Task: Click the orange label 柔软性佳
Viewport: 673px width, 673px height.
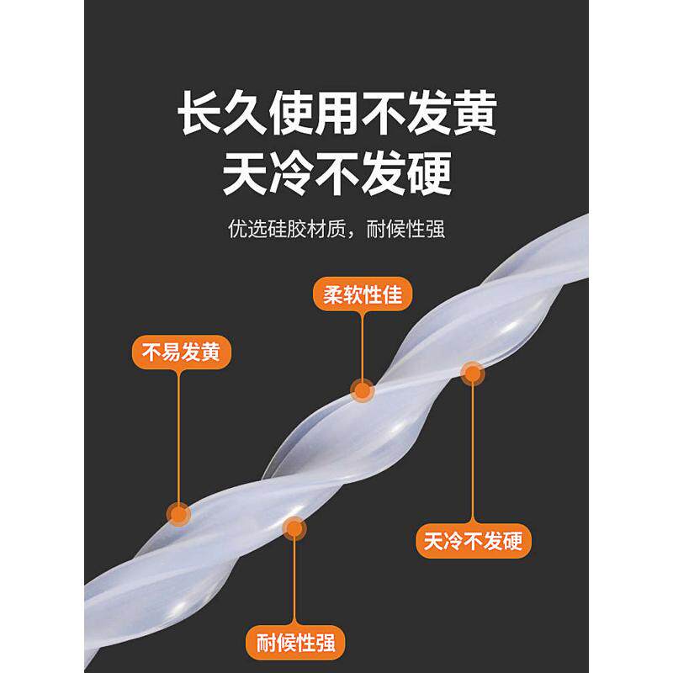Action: point(363,295)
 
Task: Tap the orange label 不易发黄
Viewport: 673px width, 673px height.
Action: point(182,352)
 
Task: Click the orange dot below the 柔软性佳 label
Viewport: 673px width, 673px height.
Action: point(363,389)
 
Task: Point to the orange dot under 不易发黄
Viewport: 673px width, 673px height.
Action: point(179,513)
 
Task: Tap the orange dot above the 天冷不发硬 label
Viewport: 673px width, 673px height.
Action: point(473,374)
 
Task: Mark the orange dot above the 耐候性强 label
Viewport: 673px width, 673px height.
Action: point(294,528)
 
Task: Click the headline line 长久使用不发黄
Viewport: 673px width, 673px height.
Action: point(336,117)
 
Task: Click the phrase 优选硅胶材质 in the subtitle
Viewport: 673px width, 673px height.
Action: point(282,229)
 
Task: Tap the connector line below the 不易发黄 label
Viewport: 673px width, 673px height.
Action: point(179,437)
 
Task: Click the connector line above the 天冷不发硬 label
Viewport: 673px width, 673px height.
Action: point(473,454)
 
